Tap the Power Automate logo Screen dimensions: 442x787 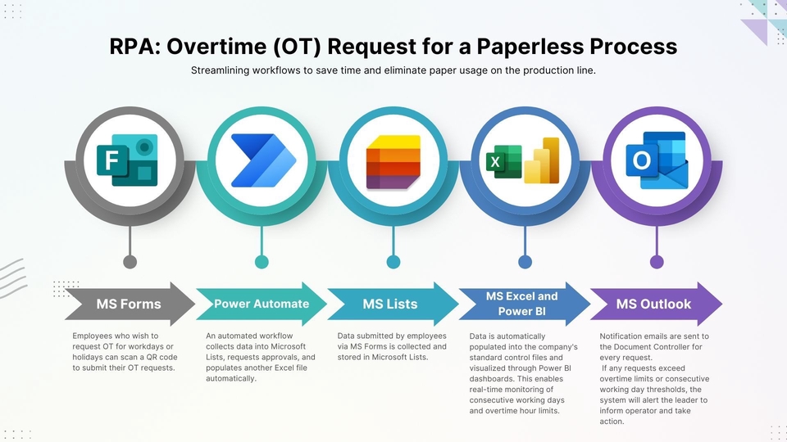(x=262, y=160)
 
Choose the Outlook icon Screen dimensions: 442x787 (x=657, y=160)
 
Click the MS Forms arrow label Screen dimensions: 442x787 (x=129, y=304)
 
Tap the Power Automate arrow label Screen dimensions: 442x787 (x=262, y=304)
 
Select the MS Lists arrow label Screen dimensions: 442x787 (x=390, y=304)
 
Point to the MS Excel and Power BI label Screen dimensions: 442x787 (x=521, y=304)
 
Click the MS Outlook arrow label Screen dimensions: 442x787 (x=653, y=304)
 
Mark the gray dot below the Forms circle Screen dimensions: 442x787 (x=130, y=262)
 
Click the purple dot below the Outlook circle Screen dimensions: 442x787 (x=657, y=262)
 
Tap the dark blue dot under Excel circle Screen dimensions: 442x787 (x=525, y=262)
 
